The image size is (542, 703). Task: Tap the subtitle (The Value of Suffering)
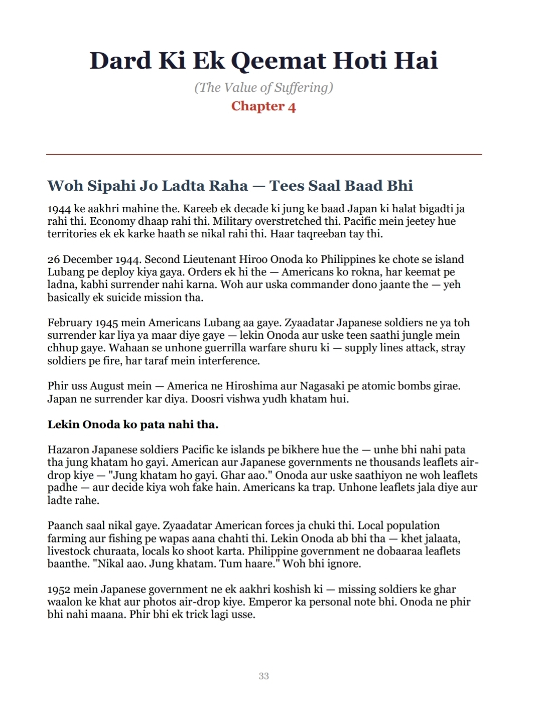263,87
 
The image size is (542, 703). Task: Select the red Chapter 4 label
263,106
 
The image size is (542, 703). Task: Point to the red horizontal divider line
264,155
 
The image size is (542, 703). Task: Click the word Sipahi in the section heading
111,186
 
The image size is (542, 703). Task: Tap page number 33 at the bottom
263,676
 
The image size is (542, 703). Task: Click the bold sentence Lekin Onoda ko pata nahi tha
133,425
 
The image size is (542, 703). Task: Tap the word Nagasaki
322,386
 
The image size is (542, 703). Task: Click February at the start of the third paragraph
70,323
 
